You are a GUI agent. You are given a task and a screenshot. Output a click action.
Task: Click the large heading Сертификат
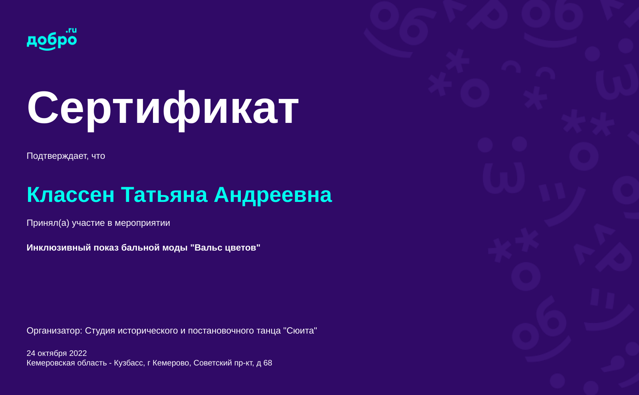[x=163, y=108]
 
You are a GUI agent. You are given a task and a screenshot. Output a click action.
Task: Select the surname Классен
[x=71, y=195]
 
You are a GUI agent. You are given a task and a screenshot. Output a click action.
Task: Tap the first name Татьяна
[x=164, y=195]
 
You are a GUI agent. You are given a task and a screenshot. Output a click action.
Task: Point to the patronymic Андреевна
[x=273, y=195]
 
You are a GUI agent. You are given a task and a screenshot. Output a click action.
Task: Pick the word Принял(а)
[x=48, y=223]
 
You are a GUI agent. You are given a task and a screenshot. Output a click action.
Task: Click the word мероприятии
[x=142, y=223]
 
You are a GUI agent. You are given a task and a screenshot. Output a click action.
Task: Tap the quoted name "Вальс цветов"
[x=225, y=248]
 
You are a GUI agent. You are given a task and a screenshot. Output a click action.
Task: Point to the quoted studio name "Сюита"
[x=300, y=331]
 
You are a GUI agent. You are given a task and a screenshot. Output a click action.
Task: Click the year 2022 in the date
[x=78, y=354]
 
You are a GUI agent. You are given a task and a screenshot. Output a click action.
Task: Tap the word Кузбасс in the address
[x=129, y=363]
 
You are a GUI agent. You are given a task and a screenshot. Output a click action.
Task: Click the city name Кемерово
[x=171, y=363]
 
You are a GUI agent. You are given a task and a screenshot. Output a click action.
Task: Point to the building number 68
[x=268, y=363]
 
